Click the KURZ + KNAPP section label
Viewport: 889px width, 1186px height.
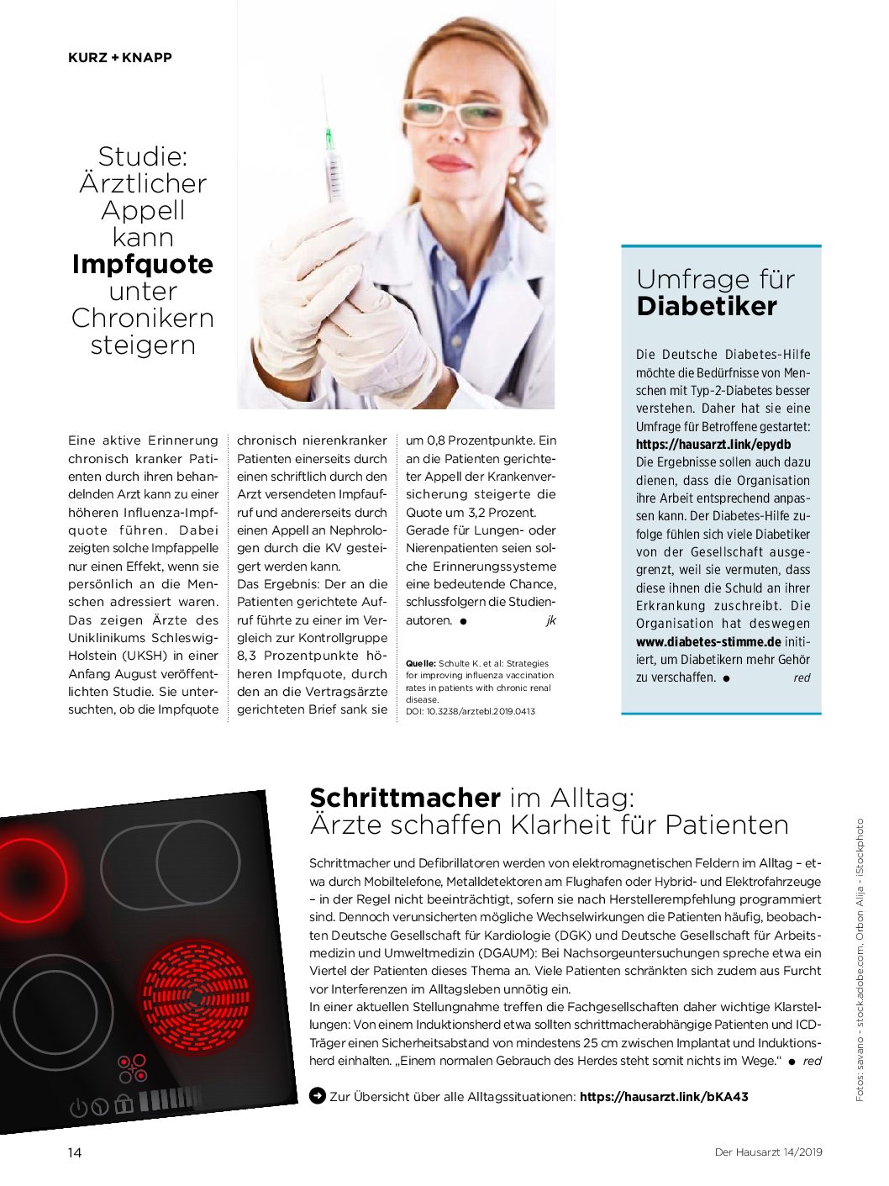point(120,58)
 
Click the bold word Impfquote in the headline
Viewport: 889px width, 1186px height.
point(143,264)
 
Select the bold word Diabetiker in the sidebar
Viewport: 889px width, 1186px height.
point(707,307)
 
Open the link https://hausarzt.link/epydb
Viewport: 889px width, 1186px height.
point(713,445)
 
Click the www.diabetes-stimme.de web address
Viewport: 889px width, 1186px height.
point(708,642)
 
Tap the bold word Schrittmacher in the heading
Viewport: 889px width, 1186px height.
point(405,798)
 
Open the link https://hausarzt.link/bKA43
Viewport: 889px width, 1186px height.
point(664,1096)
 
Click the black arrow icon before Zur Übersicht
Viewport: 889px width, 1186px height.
point(318,1096)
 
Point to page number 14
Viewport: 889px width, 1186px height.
point(75,1152)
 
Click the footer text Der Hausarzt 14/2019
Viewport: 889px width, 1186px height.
point(768,1152)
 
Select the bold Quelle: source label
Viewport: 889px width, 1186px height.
point(420,663)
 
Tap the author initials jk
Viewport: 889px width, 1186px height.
point(550,621)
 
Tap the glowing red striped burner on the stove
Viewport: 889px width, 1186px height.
point(196,997)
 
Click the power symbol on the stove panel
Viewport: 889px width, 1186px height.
point(78,1108)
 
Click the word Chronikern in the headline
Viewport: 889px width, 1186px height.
point(143,319)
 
